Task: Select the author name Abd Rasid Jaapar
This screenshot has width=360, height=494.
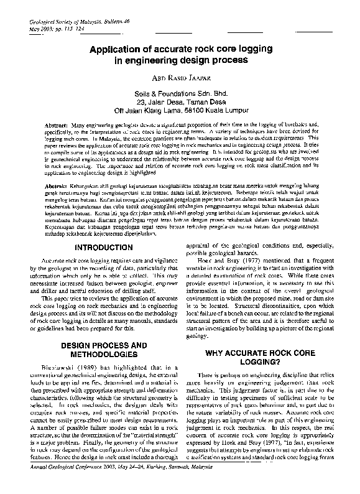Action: [180, 78]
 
